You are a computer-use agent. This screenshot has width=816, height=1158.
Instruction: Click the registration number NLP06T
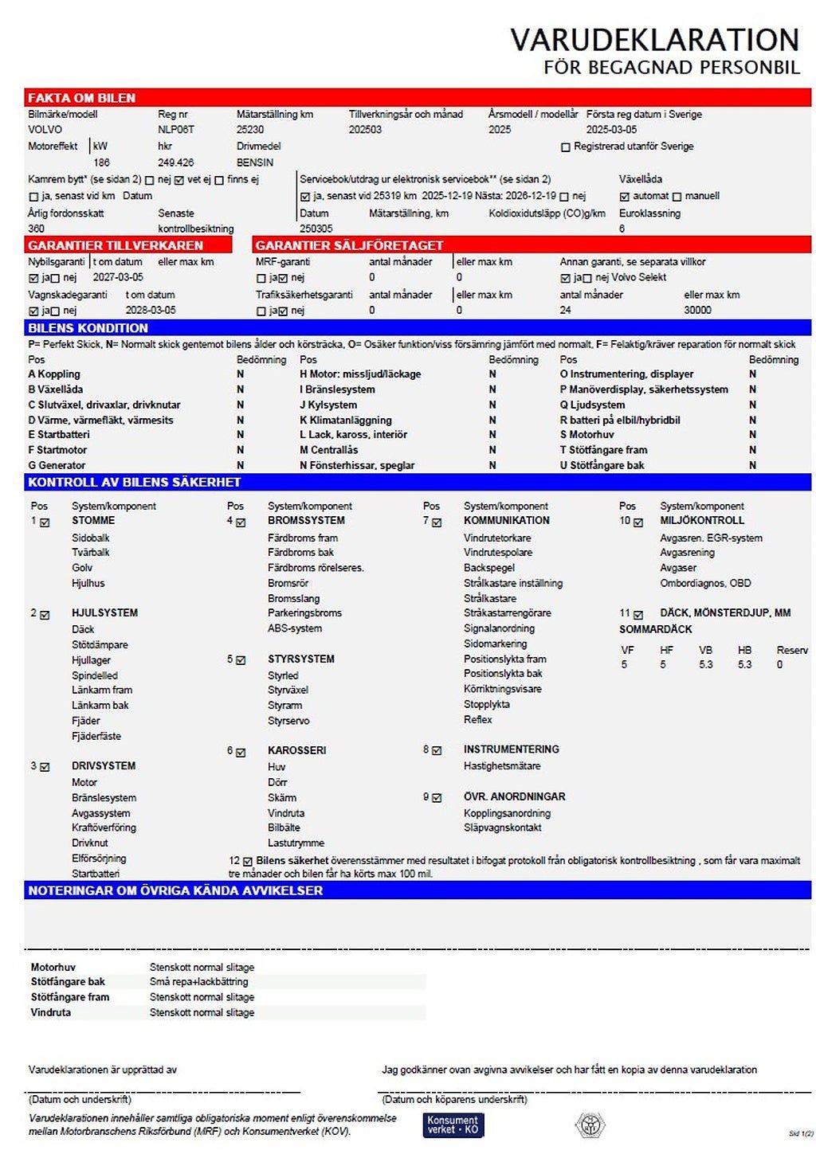pyautogui.click(x=176, y=130)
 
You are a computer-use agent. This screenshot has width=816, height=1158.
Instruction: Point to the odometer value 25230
pyautogui.click(x=250, y=130)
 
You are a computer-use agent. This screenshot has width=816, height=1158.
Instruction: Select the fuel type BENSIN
pyautogui.click(x=255, y=162)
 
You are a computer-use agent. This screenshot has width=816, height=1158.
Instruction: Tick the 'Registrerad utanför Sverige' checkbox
pyautogui.click(x=566, y=147)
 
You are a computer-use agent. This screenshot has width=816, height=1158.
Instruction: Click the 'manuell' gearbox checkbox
pyautogui.click(x=677, y=197)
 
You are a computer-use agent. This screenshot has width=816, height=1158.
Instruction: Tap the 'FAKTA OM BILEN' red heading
pyautogui.click(x=82, y=98)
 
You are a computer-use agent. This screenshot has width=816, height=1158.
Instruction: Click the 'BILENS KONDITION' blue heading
pyautogui.click(x=88, y=328)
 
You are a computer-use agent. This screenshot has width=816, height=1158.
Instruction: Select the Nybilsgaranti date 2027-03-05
pyautogui.click(x=118, y=278)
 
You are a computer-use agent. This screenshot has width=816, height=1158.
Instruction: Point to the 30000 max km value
pyautogui.click(x=697, y=311)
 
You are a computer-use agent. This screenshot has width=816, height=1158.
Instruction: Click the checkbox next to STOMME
pyautogui.click(x=45, y=522)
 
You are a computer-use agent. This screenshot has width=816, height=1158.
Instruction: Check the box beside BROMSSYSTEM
pyautogui.click(x=241, y=522)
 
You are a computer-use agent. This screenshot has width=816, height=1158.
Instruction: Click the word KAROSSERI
pyautogui.click(x=297, y=750)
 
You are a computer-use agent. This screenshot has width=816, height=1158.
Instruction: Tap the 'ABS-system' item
pyautogui.click(x=295, y=628)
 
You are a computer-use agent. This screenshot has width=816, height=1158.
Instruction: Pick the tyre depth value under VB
pyautogui.click(x=706, y=664)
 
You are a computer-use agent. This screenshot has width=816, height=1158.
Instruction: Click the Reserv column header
pyautogui.click(x=792, y=650)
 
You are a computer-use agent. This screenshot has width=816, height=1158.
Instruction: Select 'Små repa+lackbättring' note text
pyautogui.click(x=199, y=982)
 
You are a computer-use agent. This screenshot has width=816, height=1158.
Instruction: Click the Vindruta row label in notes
pyautogui.click(x=51, y=1012)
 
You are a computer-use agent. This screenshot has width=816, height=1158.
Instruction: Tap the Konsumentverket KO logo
pyautogui.click(x=453, y=1125)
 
